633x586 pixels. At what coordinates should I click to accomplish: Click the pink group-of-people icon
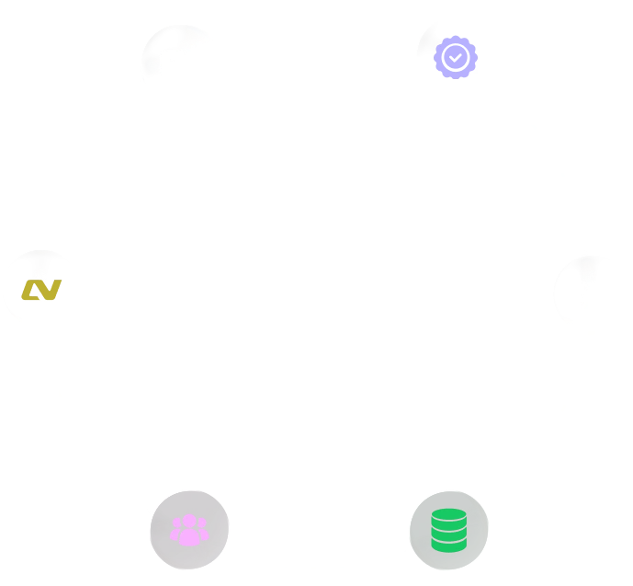coord(189,529)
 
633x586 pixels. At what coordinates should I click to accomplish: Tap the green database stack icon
coord(448,530)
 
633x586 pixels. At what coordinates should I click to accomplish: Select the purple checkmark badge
coord(455,57)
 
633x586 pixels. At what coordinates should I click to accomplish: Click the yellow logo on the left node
coord(41,291)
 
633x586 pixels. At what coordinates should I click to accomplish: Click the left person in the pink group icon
coord(176,530)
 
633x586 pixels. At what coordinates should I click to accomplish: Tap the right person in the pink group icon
coord(202,530)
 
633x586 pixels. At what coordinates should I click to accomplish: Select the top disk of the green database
coord(448,516)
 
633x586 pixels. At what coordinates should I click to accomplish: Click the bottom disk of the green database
coord(448,545)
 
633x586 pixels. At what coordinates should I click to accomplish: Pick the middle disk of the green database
coord(448,531)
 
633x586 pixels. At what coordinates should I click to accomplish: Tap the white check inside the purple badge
coord(455,57)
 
